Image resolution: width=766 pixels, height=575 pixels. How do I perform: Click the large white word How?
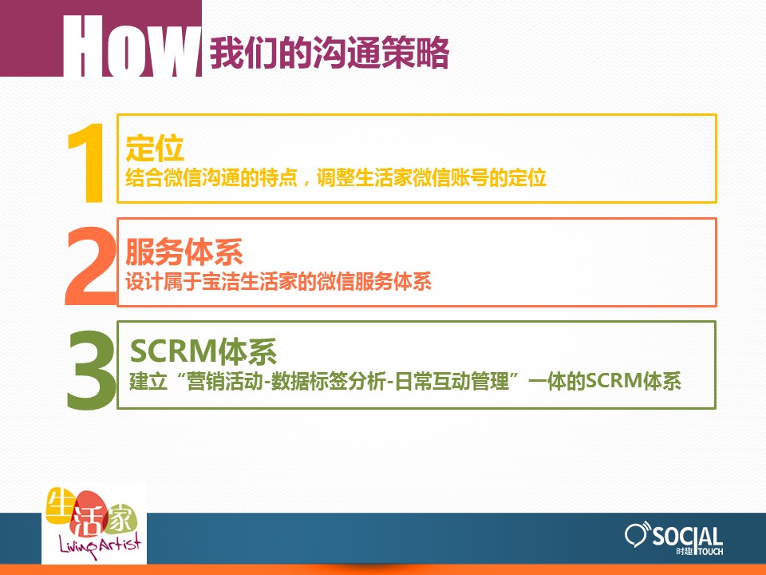[x=132, y=46]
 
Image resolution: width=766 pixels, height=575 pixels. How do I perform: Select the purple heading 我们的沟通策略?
[x=330, y=53]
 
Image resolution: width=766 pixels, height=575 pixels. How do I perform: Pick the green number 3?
[x=91, y=369]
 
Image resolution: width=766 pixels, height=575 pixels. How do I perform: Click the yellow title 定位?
[x=154, y=148]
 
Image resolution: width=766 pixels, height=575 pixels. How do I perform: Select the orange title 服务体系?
[x=184, y=252]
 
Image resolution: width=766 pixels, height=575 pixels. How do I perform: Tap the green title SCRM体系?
[x=203, y=351]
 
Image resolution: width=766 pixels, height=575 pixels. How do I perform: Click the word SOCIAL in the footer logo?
[x=688, y=537]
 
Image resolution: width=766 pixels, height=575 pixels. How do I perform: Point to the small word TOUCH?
[x=711, y=552]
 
